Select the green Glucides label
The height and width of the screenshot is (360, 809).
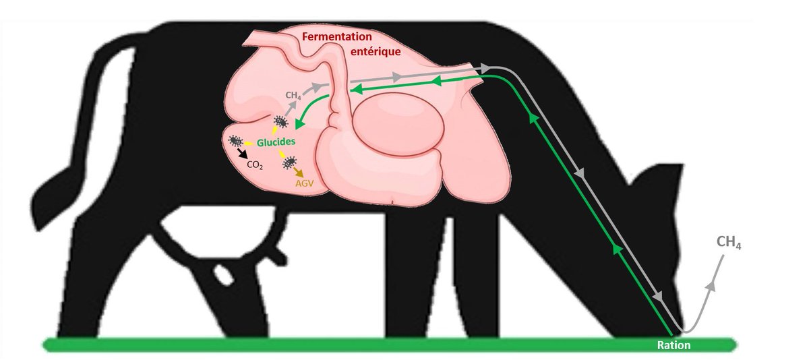(277, 142)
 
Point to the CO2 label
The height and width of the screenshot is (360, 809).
(253, 164)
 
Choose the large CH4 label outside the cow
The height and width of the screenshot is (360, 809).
(729, 243)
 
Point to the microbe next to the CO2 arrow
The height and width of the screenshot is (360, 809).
(236, 141)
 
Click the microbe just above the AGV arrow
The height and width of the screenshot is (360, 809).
(291, 162)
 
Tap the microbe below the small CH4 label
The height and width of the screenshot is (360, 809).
(280, 122)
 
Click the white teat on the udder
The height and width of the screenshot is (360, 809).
(220, 274)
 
